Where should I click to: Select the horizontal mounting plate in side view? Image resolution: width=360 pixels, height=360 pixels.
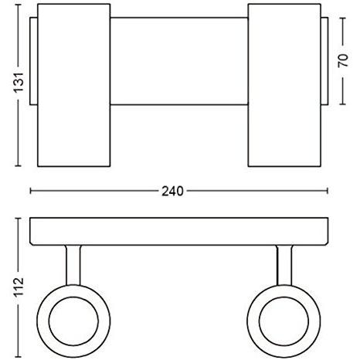179,230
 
